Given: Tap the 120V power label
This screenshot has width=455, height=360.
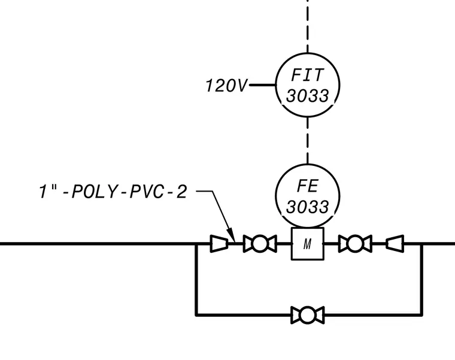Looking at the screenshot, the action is coord(226,86).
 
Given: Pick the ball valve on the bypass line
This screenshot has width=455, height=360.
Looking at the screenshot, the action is coord(308,314).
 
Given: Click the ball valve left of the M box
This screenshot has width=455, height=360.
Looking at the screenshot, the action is coord(260,244).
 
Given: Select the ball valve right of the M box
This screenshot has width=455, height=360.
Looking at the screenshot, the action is coord(355,244).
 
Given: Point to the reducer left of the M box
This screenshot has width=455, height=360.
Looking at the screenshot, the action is coord(219,244).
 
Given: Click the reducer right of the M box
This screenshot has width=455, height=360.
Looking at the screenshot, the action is coord(395,244).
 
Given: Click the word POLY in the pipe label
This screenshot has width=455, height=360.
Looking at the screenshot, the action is coord(93,192).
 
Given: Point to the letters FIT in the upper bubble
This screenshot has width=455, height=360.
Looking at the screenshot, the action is coord(307,75).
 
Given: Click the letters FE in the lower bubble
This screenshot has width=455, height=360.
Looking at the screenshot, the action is coord(308,186).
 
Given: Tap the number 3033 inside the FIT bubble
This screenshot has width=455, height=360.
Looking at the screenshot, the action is coord(308,95).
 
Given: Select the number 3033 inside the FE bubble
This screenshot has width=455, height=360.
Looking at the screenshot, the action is coord(308,207).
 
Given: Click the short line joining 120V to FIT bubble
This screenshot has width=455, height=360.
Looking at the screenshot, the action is coord(262,85).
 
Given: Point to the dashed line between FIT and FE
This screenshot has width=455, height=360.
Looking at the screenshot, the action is coord(308,141).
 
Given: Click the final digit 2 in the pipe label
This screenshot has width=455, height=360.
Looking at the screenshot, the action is coord(181,192).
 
